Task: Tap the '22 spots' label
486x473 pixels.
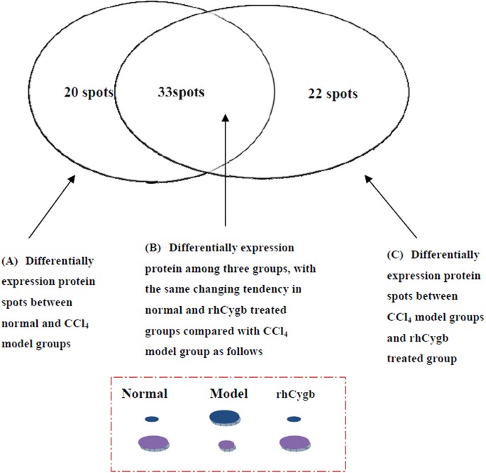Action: [x=333, y=93]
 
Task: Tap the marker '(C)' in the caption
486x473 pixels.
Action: [x=390, y=254]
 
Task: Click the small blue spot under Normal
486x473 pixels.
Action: [x=151, y=419]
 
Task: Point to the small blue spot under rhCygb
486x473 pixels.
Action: [x=294, y=419]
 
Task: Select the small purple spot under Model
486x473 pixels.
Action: [x=226, y=445]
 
